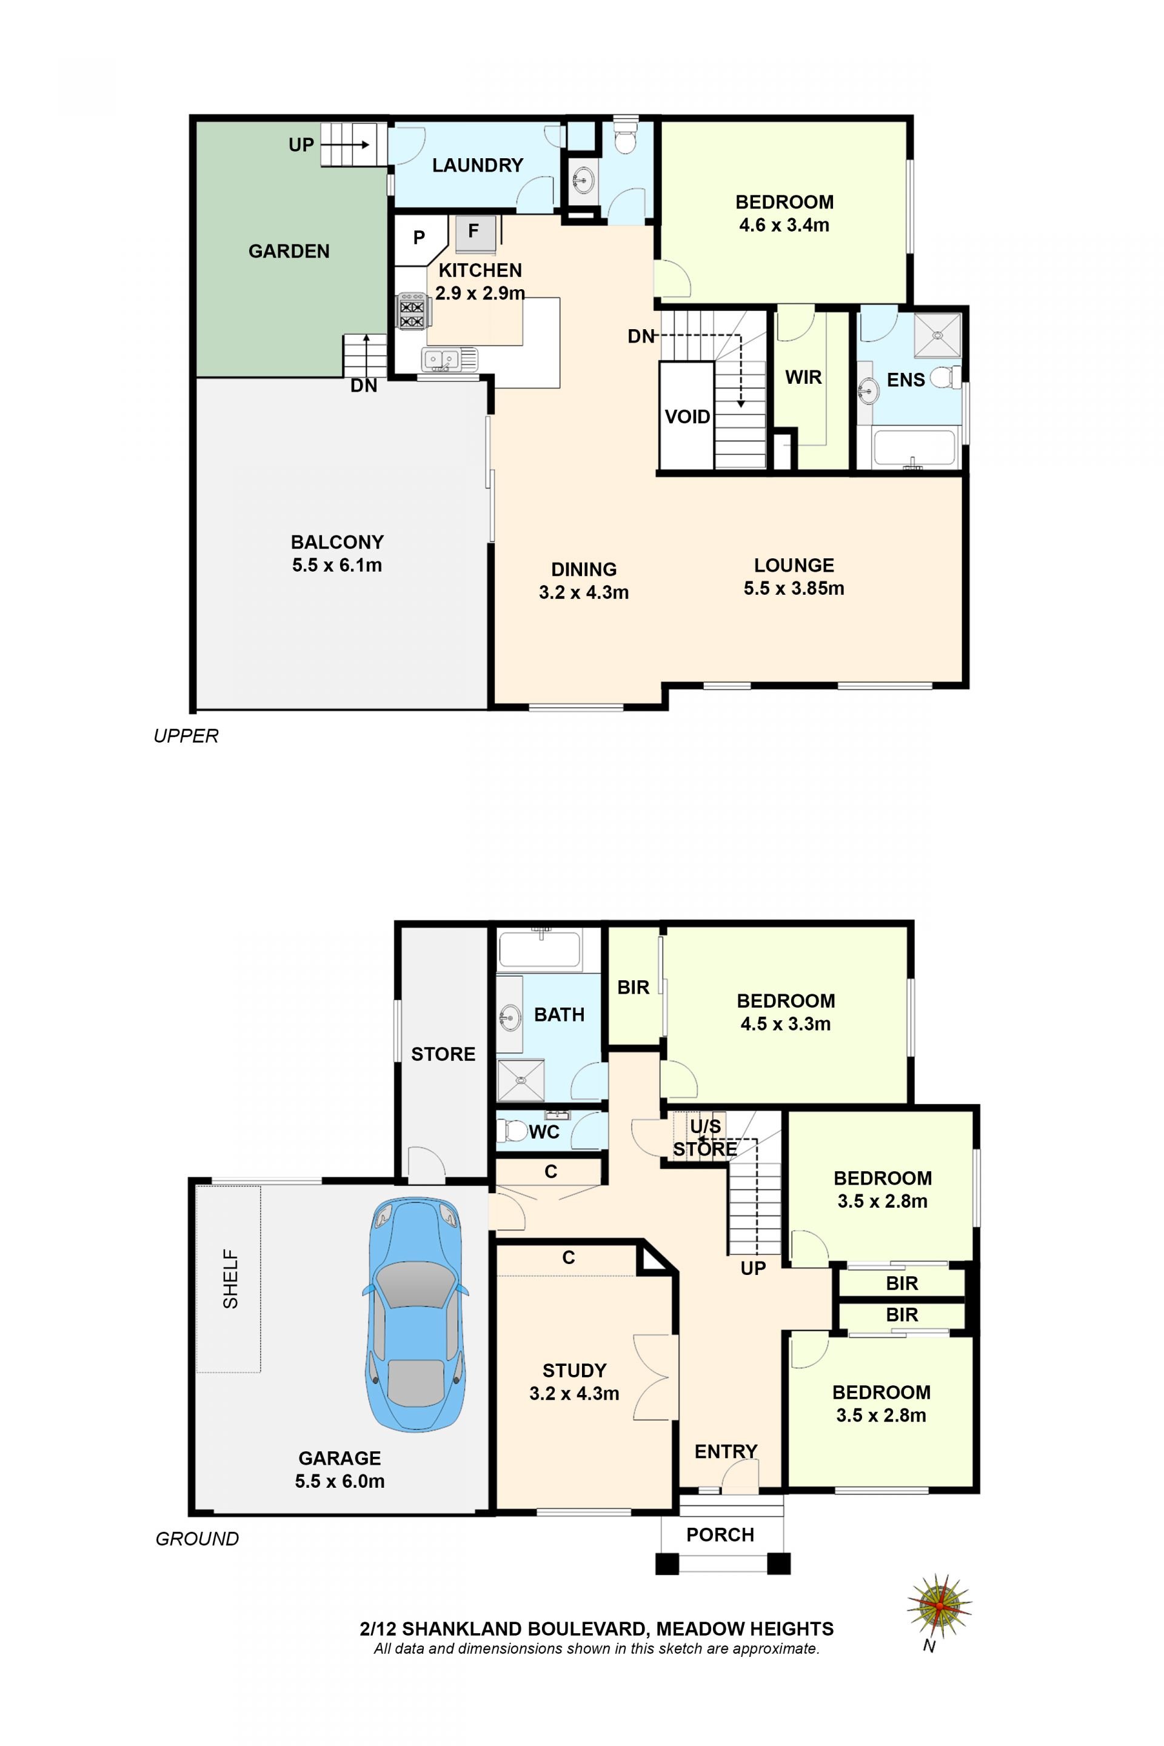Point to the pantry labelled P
(420, 239)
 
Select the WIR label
(803, 377)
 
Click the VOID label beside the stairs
(687, 416)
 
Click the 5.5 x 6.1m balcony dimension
(337, 565)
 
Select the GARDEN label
(289, 251)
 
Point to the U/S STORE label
(705, 1138)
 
